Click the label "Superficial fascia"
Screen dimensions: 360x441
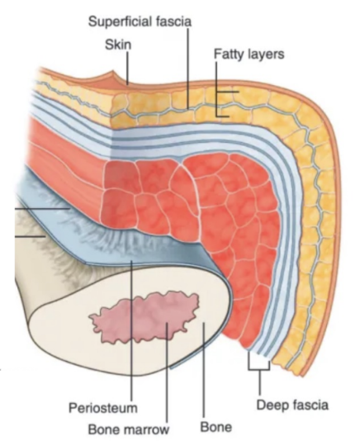coord(140,21)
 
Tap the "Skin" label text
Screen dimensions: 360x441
coord(118,45)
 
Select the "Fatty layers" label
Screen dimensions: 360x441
coord(249,54)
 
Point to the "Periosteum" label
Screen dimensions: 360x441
coord(103,407)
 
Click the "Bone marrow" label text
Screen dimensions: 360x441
coord(129,429)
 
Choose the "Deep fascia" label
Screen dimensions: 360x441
coord(292,405)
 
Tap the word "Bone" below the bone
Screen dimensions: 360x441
coord(216,427)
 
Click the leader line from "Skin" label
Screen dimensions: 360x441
coord(127,68)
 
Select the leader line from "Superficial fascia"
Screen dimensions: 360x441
coord(187,69)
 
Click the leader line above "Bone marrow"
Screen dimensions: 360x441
coord(167,372)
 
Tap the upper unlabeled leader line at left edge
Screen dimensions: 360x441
coord(42,209)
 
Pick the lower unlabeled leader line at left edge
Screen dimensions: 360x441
coord(30,236)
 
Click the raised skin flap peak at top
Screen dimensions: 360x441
coord(113,72)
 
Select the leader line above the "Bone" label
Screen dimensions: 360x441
coord(204,371)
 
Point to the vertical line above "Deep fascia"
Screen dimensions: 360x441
coord(259,383)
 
